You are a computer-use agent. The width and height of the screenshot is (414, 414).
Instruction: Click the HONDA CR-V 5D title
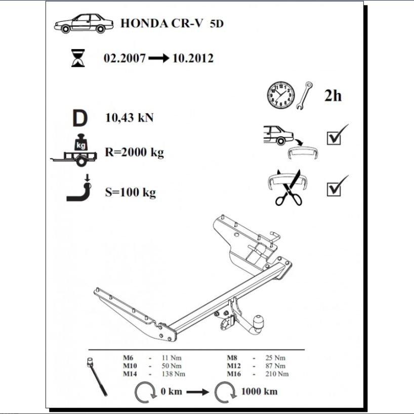[x=172, y=23]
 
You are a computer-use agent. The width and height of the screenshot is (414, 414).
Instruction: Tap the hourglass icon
[x=78, y=58]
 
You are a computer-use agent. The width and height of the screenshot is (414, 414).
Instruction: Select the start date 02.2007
[x=125, y=58]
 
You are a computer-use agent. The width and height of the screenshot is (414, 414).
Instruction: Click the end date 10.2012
[x=193, y=58]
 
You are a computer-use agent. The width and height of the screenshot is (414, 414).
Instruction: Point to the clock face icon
[x=281, y=95]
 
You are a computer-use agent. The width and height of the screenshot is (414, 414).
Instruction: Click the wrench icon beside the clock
[x=305, y=96]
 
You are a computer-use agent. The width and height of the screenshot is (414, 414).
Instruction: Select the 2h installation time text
[x=333, y=96]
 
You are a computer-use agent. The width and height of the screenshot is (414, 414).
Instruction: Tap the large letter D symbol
[x=80, y=118]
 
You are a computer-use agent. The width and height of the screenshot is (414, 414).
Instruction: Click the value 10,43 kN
[x=129, y=118]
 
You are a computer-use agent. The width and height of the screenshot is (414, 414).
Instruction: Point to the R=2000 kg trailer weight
[x=134, y=152]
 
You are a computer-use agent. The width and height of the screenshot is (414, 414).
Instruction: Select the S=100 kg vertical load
[x=131, y=192]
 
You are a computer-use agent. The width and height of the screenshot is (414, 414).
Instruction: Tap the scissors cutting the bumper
[x=288, y=188]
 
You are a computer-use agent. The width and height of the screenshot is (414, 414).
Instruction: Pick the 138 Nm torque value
[x=174, y=374]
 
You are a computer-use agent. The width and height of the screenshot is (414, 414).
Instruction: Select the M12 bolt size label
[x=234, y=366]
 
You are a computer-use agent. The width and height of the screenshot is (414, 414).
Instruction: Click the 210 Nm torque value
[x=277, y=374]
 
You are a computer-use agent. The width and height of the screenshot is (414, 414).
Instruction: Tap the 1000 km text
[x=259, y=391]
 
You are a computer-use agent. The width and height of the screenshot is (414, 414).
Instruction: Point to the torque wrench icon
[x=97, y=377]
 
